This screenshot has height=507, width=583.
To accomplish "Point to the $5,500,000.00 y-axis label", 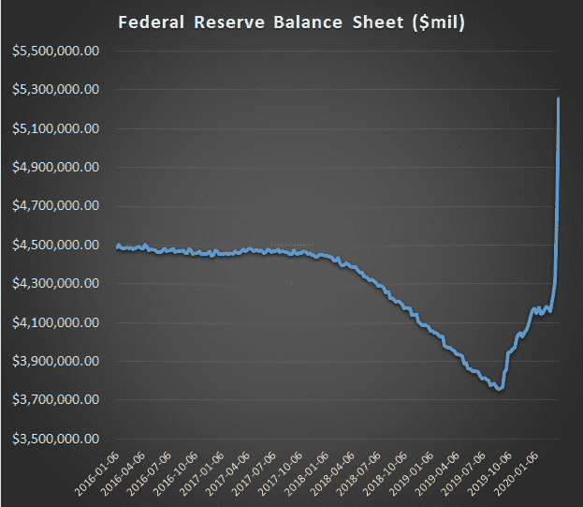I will (x=53, y=51).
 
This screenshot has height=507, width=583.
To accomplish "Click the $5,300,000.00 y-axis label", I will (x=53, y=90).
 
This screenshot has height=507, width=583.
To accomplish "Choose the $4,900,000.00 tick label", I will (x=53, y=168).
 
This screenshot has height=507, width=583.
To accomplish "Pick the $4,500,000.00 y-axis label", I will (x=53, y=246).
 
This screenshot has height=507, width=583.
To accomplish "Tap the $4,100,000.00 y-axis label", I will (x=53, y=323).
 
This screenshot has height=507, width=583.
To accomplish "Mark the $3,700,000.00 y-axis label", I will (x=53, y=400).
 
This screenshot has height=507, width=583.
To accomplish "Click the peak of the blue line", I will (x=559, y=98).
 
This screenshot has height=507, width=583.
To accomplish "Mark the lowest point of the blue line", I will (x=501, y=389).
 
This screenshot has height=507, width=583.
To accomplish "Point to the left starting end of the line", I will (x=118, y=246).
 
